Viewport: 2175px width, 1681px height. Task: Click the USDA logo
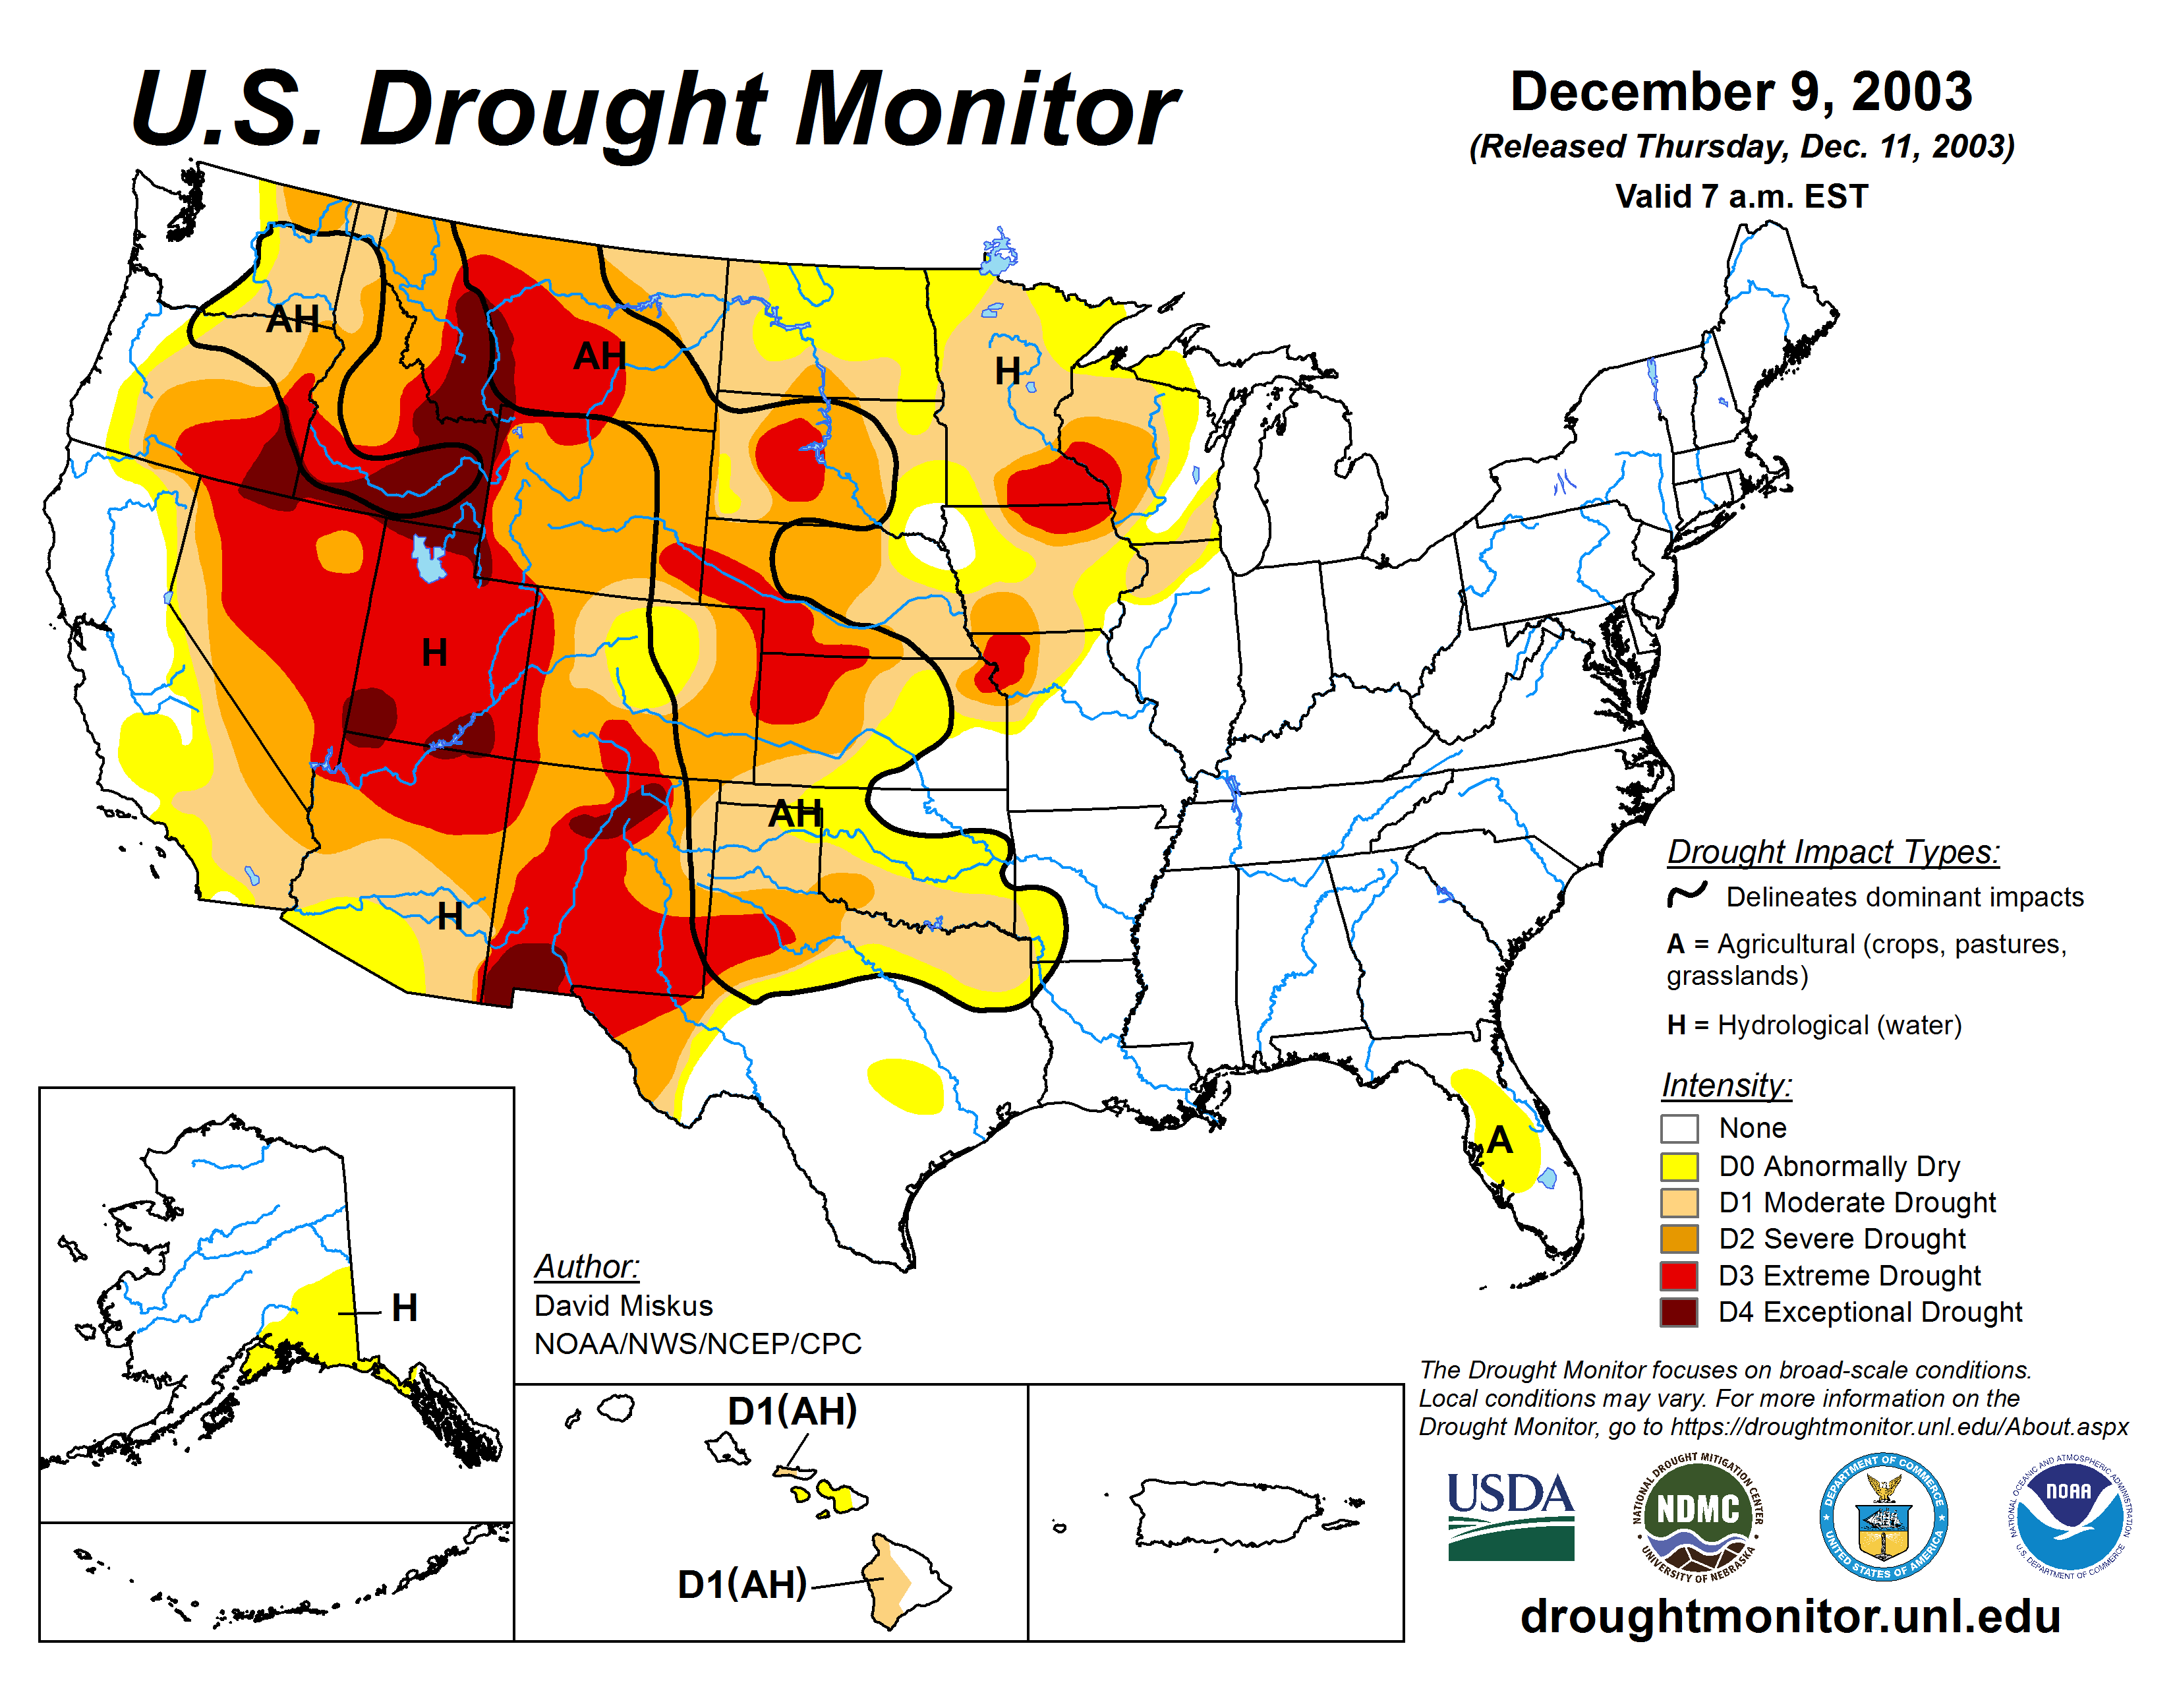tap(1510, 1516)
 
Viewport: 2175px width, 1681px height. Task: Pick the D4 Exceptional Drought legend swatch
tap(1679, 1312)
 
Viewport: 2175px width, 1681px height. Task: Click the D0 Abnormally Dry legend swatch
tap(1679, 1166)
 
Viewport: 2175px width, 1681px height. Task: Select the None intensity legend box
tap(1679, 1129)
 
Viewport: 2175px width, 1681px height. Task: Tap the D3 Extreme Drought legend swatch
tap(1679, 1276)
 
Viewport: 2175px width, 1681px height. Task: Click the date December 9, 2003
tap(1741, 92)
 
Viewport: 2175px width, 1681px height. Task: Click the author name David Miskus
tap(623, 1305)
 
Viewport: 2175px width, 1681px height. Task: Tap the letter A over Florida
tap(1500, 1140)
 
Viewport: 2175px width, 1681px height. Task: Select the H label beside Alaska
tap(404, 1308)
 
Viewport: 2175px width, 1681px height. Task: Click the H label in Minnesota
tap(1008, 370)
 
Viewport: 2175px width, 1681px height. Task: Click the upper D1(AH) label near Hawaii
tap(792, 1411)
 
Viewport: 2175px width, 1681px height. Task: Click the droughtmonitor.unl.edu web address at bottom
tap(1789, 1615)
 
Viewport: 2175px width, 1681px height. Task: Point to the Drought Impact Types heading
tap(1832, 852)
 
